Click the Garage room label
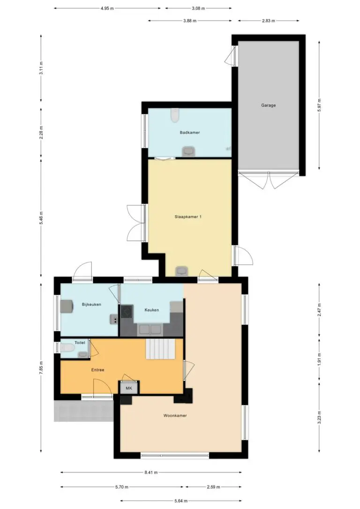pos(269,105)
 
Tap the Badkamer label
pos(190,133)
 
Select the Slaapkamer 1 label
pos(188,217)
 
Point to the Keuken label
pos(151,310)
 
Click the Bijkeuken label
pos(91,305)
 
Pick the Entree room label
pos(97,370)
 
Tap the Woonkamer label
pos(175,416)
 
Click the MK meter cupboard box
pos(129,388)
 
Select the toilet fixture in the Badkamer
pos(175,115)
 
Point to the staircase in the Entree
pos(161,349)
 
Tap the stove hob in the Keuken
pos(127,311)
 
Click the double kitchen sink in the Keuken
pos(150,329)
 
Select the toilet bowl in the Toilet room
pos(67,348)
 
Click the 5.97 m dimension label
pos(319,105)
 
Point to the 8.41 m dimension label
pos(151,472)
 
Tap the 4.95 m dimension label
pos(107,8)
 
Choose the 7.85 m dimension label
pos(41,368)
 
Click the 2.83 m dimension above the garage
pos(269,21)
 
